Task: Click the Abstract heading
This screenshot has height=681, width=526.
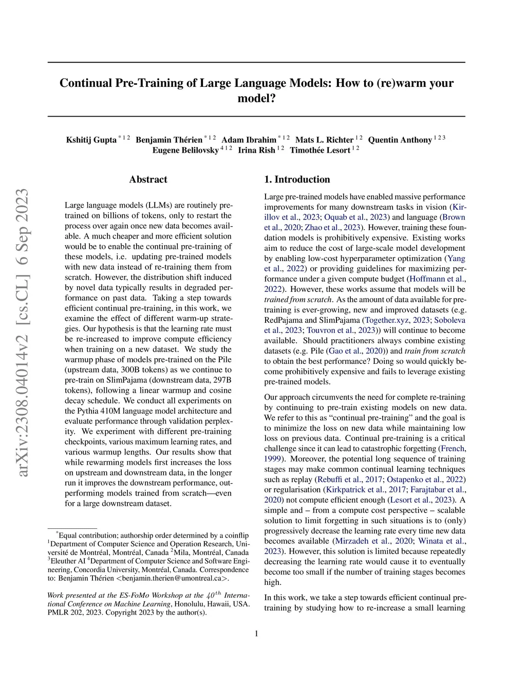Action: pos(148,179)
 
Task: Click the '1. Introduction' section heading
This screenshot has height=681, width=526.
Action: pos(297,179)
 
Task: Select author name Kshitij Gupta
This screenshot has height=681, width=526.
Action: pos(91,140)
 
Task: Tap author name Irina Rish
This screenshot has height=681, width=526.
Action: pos(256,150)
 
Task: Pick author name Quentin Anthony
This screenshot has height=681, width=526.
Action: pos(400,140)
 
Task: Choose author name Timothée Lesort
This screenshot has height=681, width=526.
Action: pos(320,150)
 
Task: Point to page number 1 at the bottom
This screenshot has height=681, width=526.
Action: pos(256,633)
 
